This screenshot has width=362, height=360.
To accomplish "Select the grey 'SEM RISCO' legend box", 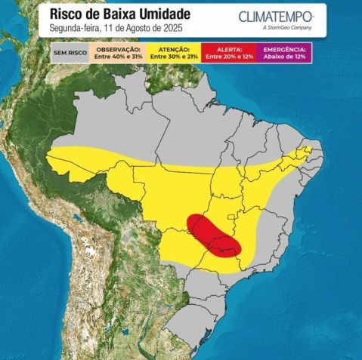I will [69, 53].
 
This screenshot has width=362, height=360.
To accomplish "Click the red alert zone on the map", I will [215, 237].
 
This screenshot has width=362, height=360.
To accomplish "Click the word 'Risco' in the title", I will [66, 14].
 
